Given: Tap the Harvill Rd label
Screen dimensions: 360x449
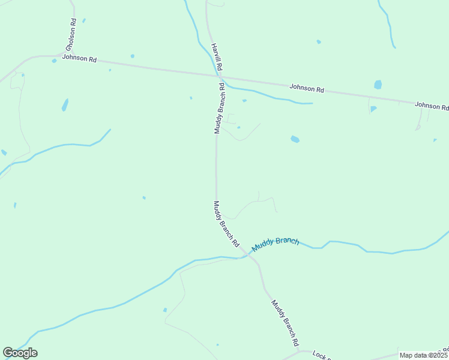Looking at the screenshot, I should pyautogui.click(x=217, y=58).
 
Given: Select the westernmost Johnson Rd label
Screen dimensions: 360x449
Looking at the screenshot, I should pyautogui.click(x=79, y=59).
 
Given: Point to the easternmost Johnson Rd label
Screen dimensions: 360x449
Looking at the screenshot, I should pyautogui.click(x=431, y=106).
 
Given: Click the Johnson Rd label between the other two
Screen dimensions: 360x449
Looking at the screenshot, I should pyautogui.click(x=307, y=88).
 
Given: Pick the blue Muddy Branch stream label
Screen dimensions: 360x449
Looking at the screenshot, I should pyautogui.click(x=275, y=244).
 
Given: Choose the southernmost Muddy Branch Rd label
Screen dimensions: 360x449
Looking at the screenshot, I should pyautogui.click(x=285, y=323).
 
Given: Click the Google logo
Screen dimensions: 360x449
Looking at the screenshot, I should pyautogui.click(x=20, y=353).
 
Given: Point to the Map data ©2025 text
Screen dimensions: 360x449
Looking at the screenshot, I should pyautogui.click(x=423, y=355).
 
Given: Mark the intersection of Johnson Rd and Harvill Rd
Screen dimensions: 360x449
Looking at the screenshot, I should pyautogui.click(x=218, y=76).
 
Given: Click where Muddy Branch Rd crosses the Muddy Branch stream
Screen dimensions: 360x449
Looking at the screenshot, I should pyautogui.click(x=246, y=256).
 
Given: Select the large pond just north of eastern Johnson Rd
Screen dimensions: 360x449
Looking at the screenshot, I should pyautogui.click(x=378, y=85).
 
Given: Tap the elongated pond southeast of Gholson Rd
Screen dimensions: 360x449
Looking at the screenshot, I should pyautogui.click(x=65, y=105).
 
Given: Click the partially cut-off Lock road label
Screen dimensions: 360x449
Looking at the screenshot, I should pyautogui.click(x=321, y=356).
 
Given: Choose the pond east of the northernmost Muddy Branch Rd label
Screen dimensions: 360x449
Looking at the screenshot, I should pyautogui.click(x=295, y=139).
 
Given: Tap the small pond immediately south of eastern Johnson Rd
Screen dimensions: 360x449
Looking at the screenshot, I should pyautogui.click(x=373, y=109).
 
